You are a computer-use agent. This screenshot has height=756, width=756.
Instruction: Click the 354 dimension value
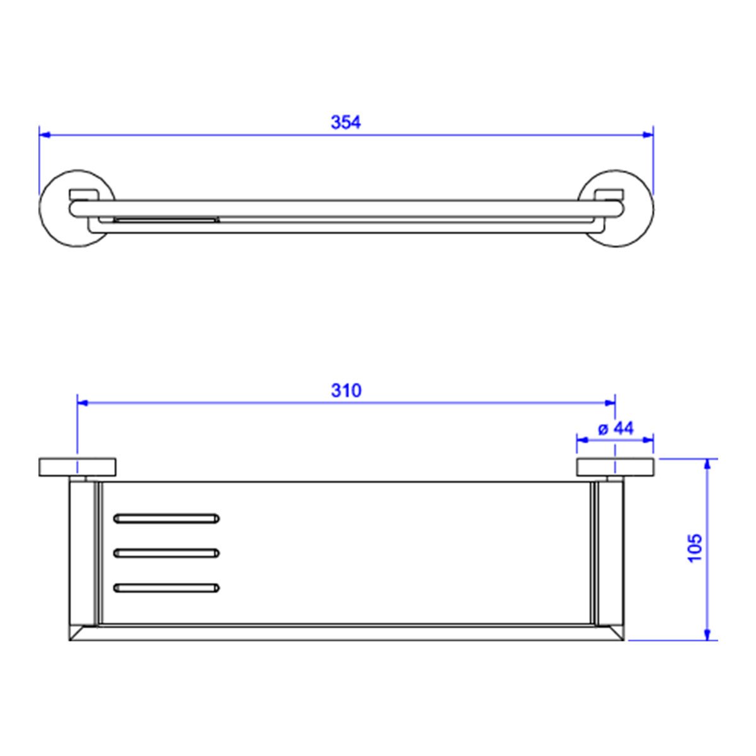click(x=346, y=122)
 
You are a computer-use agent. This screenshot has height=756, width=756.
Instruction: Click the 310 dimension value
click(x=346, y=391)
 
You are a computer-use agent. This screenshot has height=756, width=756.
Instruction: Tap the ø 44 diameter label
click(x=616, y=428)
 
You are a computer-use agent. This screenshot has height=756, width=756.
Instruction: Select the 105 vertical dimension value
click(x=695, y=547)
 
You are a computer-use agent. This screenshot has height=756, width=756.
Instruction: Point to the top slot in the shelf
click(x=166, y=518)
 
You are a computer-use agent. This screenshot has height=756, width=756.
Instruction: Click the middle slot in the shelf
click(x=166, y=553)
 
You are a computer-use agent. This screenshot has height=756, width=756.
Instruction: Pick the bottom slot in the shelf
click(x=166, y=588)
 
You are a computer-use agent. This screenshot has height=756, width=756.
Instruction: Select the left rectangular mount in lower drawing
click(x=77, y=467)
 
